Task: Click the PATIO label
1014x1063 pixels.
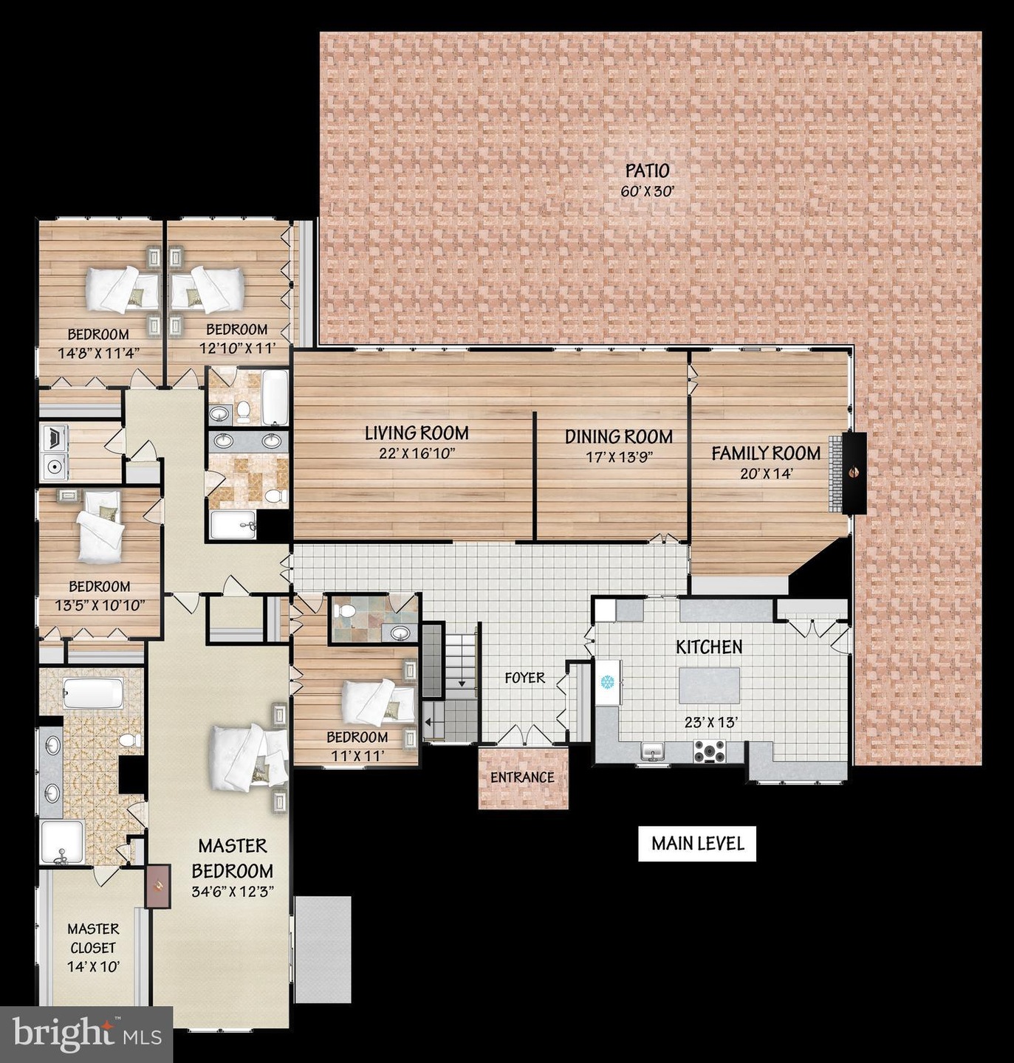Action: coord(647,171)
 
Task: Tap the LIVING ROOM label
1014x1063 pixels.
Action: coord(416,433)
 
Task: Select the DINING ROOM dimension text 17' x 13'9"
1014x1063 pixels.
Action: coord(619,457)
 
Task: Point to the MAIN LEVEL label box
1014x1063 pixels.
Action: coord(697,844)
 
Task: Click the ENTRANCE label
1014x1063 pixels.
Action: coord(522,777)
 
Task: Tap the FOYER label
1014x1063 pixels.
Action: coord(524,678)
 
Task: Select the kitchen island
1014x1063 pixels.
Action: coord(710,684)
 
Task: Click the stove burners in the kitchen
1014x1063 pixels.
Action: coord(710,751)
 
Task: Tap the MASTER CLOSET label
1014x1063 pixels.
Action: coord(93,939)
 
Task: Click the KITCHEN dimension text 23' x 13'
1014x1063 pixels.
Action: coord(711,723)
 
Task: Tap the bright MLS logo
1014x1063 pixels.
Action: coord(86,1035)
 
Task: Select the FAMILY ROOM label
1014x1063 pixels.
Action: coord(766,453)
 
